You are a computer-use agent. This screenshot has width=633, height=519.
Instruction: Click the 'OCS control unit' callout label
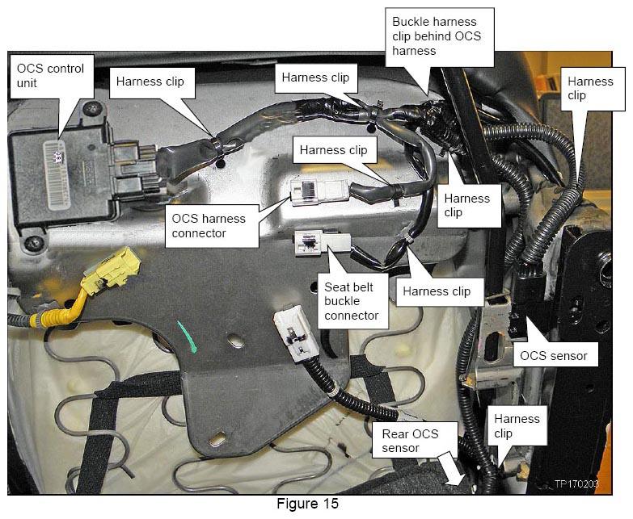tap(52, 76)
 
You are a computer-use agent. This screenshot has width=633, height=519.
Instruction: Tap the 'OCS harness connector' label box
tap(212, 226)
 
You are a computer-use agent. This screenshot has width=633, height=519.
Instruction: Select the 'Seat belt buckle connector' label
tap(352, 301)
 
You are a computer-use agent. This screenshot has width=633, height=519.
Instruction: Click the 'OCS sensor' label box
tap(555, 355)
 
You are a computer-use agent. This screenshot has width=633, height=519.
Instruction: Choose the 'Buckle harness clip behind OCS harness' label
tap(440, 36)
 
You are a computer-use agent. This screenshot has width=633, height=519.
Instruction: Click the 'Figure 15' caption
tap(307, 504)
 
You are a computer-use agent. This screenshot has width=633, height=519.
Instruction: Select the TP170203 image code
tap(576, 484)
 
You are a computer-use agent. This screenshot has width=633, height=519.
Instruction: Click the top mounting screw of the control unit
tap(93, 108)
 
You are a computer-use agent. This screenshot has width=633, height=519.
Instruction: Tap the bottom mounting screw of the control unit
tap(32, 243)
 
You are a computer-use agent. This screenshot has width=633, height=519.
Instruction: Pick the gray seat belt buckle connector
tap(323, 242)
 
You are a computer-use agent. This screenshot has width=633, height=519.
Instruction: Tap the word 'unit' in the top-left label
tap(27, 83)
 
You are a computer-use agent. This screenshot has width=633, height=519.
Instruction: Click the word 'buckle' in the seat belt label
tap(342, 301)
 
